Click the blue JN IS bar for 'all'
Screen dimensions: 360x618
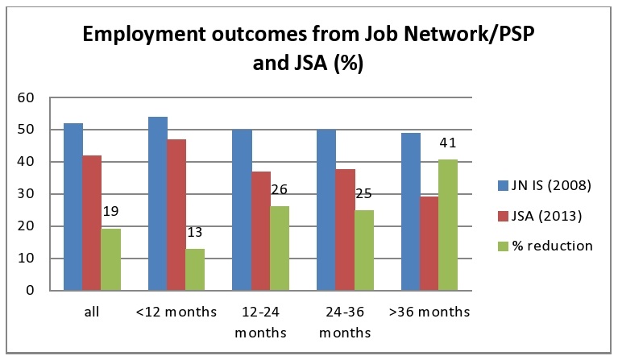(x=73, y=207)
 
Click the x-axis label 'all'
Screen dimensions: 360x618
(x=92, y=312)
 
